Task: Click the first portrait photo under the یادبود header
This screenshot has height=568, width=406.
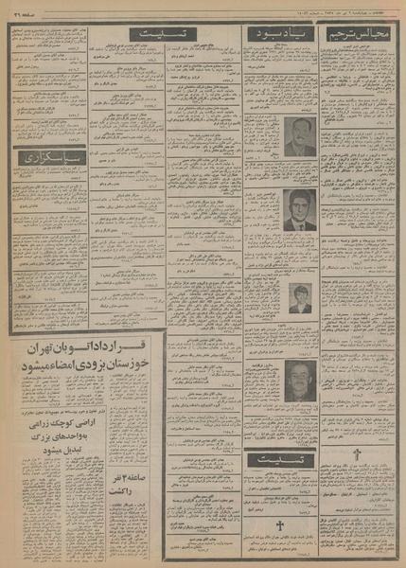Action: click(300, 137)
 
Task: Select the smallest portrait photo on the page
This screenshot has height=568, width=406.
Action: click(300, 297)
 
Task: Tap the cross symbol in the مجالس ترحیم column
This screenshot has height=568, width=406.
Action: click(357, 455)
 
